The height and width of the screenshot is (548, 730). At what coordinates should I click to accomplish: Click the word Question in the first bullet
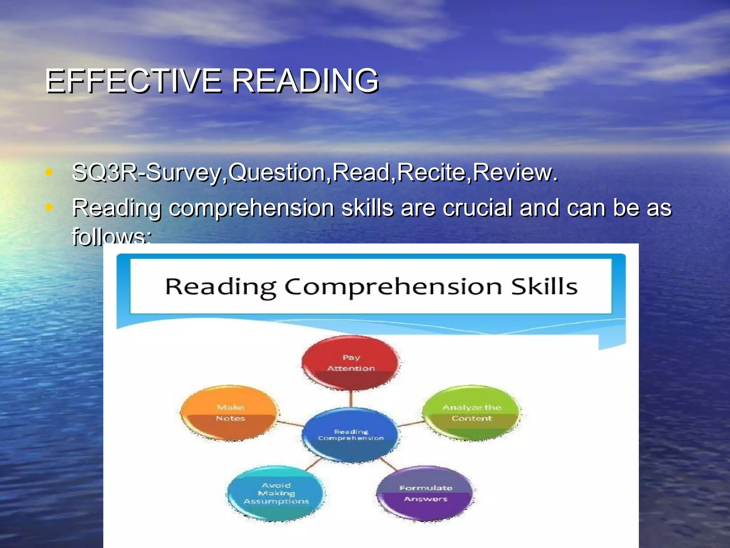(277, 173)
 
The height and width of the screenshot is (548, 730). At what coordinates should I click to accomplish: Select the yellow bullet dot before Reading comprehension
(49, 207)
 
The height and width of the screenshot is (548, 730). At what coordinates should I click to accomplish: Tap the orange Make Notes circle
(230, 413)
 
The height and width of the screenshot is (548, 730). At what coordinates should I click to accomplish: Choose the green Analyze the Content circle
(471, 413)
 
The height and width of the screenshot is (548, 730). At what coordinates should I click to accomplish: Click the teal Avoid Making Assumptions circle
(276, 493)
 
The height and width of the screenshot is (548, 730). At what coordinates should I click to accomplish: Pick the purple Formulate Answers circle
(426, 493)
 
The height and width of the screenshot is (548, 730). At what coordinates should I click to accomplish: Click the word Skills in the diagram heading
(544, 286)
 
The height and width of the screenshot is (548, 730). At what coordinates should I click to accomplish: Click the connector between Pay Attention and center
(351, 399)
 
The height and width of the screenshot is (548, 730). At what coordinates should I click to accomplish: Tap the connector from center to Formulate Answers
(388, 463)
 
